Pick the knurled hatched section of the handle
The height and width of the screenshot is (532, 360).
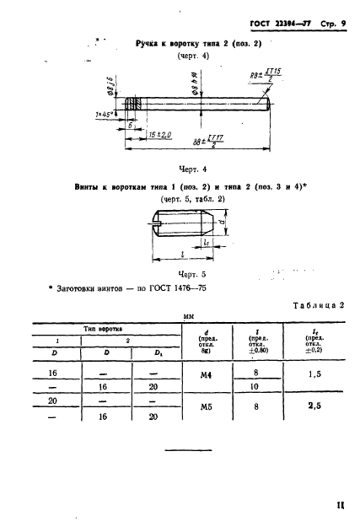[132, 105]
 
